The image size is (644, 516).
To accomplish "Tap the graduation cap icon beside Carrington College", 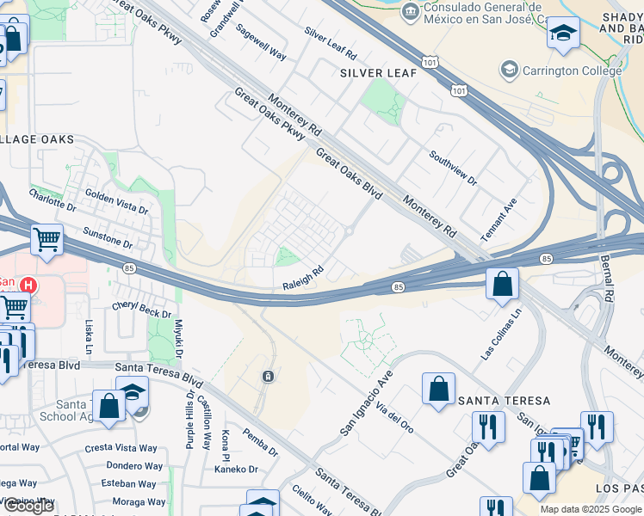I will pyautogui.click(x=510, y=70).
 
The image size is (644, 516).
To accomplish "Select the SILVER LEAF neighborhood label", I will pyautogui.click(x=378, y=73).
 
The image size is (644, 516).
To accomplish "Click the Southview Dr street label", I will pyautogui.click(x=453, y=168).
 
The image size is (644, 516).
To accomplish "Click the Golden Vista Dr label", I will pyautogui.click(x=116, y=203).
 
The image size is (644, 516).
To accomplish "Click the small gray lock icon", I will pyautogui.click(x=269, y=377).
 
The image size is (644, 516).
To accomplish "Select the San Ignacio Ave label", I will pyautogui.click(x=365, y=402).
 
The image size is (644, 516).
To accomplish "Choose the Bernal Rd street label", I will pyautogui.click(x=608, y=279).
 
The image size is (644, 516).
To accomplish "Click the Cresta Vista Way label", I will pyautogui.click(x=121, y=448).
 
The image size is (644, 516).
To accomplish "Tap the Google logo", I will pyautogui.click(x=28, y=506).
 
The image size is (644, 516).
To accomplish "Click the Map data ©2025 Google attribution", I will pyautogui.click(x=591, y=509).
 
